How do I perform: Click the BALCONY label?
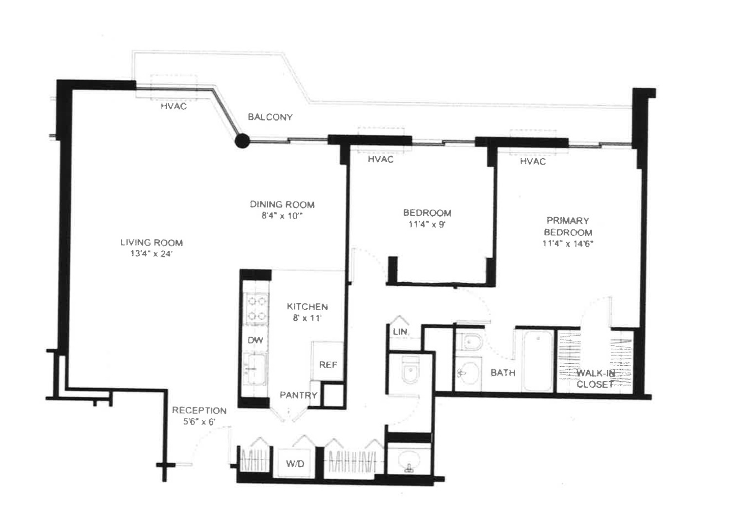pos(270,117)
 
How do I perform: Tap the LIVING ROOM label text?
pos(152,243)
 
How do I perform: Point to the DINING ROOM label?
pos(282,205)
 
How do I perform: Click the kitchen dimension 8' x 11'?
pos(307,318)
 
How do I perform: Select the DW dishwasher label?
pos(255,340)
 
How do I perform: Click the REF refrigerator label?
pos(328,365)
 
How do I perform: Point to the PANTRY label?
pos(298,395)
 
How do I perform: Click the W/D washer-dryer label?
pos(295,464)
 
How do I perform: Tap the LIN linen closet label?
pos(400,332)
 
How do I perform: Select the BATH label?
pos(503,373)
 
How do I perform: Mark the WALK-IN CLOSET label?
pos(595,379)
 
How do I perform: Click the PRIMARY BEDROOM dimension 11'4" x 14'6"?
pos(568,244)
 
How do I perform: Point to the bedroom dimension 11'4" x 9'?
pos(427,225)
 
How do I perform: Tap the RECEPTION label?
pos(199,411)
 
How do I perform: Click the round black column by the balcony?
pos(242,141)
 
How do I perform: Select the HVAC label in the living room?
pos(173,106)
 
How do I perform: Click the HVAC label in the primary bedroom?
pos(533,161)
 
